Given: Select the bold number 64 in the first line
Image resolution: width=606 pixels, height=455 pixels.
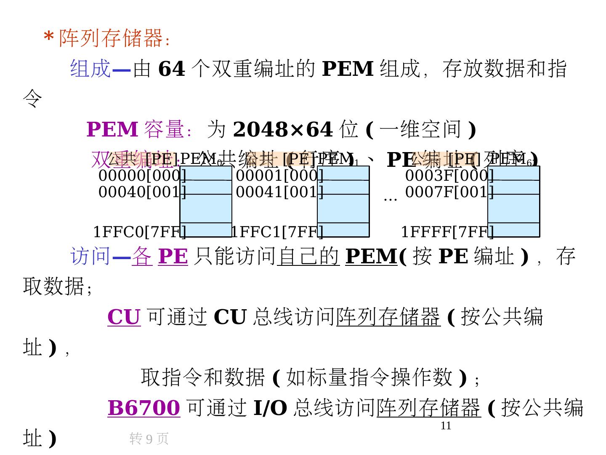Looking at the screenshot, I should (171, 69).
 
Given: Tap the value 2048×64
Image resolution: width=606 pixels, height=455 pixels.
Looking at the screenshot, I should (282, 130).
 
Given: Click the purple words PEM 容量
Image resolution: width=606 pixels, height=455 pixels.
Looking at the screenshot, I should (135, 130).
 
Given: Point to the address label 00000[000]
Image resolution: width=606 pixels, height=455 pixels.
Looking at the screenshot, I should (142, 175).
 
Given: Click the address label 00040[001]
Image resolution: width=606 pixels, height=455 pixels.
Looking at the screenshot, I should (142, 192).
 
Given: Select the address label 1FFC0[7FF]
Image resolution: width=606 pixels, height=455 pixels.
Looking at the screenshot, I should (139, 232).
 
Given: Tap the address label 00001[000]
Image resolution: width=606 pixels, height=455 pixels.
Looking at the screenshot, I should (280, 175).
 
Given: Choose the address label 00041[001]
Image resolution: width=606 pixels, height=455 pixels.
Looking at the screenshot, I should (280, 192).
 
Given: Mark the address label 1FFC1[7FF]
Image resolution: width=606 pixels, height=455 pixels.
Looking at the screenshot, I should (277, 232).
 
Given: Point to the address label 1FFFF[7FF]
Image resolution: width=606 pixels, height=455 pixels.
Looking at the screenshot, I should (447, 232).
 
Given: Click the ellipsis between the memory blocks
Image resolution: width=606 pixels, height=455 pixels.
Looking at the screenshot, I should (390, 198).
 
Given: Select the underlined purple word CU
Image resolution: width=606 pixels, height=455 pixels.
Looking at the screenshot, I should (124, 317).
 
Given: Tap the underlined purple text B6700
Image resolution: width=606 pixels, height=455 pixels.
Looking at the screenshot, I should (144, 408).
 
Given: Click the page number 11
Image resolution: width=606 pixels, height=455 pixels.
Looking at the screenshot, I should (446, 426).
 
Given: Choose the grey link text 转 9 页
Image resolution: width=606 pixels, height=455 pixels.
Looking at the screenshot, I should (149, 439).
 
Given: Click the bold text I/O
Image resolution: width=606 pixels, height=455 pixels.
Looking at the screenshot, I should (270, 408).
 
